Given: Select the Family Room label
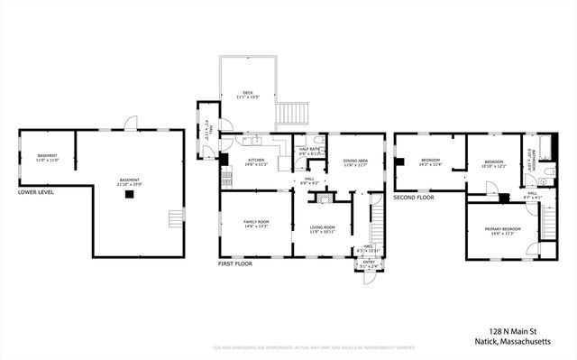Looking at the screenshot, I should (256, 225).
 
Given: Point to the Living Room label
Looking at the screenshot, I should (323, 229).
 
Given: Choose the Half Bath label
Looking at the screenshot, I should (310, 152).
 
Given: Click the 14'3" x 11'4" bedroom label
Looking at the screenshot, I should (429, 162).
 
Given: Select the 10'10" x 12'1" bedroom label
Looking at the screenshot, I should (494, 163).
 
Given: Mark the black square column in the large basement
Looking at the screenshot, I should (130, 192).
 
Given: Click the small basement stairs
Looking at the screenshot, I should (176, 217).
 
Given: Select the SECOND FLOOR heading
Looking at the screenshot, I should (415, 197).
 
